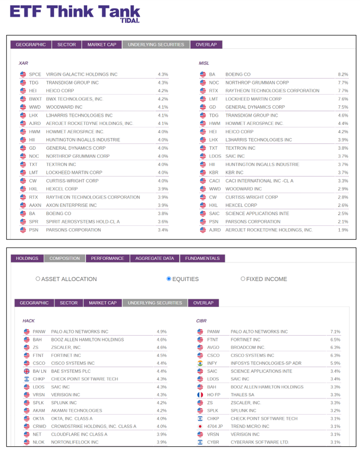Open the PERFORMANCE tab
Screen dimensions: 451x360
[107, 258]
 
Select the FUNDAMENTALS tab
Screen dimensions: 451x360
[202, 258]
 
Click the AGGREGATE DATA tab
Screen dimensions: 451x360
[154, 258]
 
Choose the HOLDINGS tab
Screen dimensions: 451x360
[27, 258]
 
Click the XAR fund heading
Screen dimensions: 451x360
[23, 63]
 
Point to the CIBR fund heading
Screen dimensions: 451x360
[201, 321]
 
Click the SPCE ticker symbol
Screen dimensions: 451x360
[35, 74]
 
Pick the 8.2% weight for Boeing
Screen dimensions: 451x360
[342, 74]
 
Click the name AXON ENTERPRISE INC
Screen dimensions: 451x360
[72, 205]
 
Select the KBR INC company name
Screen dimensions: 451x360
[234, 173]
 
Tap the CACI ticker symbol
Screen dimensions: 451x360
[214, 181]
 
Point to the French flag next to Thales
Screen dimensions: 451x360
[200, 395]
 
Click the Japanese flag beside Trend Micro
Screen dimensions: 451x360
[200, 426]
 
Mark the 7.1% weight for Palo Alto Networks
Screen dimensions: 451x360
[335, 331]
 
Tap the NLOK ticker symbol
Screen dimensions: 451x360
[38, 442]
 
